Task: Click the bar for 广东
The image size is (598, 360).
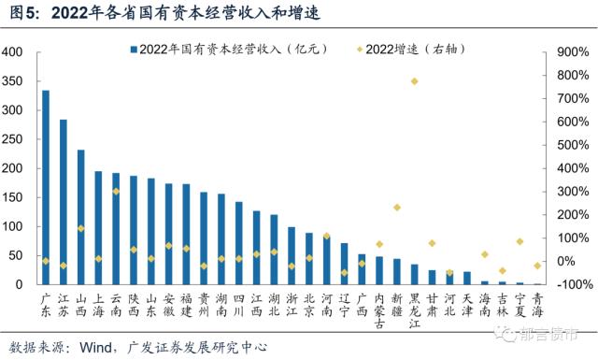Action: [46, 187]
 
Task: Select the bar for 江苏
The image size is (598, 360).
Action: [64, 202]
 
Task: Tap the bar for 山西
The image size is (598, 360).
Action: [81, 217]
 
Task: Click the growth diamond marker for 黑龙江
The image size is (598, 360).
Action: [414, 81]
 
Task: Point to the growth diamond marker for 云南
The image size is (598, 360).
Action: [116, 191]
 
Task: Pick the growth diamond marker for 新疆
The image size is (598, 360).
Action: [396, 207]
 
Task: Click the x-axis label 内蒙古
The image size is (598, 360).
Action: [379, 310]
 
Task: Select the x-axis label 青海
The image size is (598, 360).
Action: [537, 304]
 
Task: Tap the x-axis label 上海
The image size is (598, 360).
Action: [98, 304]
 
